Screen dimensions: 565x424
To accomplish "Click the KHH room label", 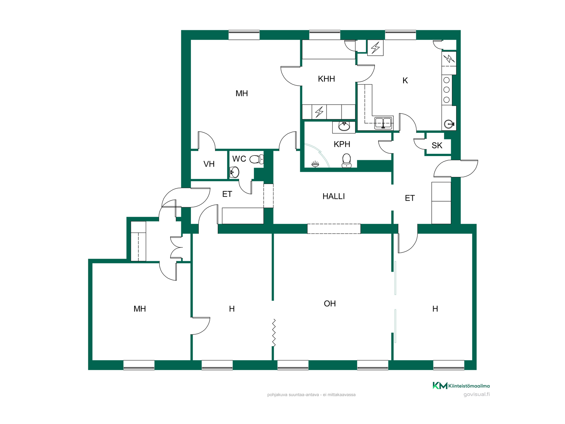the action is click(x=326, y=79).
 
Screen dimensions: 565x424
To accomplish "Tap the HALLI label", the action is click(x=333, y=196).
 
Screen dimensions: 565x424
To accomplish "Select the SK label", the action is click(x=437, y=145).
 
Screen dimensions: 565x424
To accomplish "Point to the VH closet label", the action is click(x=209, y=164).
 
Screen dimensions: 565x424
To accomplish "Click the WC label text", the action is click(x=239, y=159).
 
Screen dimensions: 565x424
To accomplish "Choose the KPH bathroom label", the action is click(x=342, y=144).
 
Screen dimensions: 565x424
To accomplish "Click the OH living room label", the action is click(x=330, y=304).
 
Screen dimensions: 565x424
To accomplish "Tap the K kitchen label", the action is click(x=405, y=81).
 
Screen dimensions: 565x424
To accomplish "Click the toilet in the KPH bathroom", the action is click(x=347, y=161).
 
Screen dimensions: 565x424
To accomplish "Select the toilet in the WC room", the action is click(x=257, y=159).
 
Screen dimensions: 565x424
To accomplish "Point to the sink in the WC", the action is click(x=235, y=172).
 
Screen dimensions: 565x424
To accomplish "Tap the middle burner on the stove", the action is click(x=446, y=90).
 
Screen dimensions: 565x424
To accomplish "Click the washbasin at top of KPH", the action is click(x=344, y=127).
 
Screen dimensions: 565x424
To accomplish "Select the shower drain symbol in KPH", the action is click(x=315, y=164).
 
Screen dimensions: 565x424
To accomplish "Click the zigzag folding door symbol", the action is click(x=274, y=333).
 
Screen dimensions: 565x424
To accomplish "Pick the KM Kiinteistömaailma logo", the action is click(x=461, y=386).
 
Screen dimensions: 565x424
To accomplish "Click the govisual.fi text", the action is click(x=477, y=395).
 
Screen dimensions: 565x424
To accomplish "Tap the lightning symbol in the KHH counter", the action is click(x=319, y=112).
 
